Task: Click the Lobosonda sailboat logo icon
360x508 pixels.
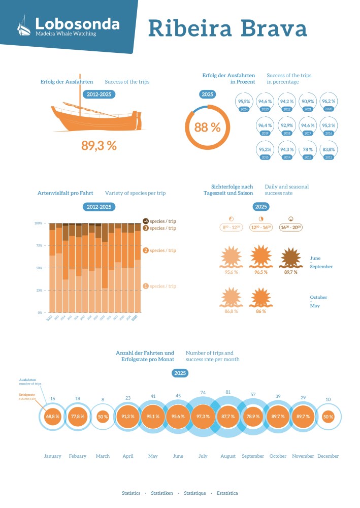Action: click(23, 26)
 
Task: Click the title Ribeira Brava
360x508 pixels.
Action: click(227, 29)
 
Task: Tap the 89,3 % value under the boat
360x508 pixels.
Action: click(99, 145)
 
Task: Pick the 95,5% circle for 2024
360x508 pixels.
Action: click(245, 102)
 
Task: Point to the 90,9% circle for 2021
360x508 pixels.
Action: click(308, 102)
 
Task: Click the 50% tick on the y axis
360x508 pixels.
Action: click(39, 268)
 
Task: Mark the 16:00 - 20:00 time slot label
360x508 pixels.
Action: click(291, 228)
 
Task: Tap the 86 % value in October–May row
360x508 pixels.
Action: click(260, 311)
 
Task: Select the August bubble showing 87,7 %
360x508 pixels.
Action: click(228, 416)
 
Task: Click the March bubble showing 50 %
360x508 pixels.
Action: click(103, 416)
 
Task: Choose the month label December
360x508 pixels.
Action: click(328, 456)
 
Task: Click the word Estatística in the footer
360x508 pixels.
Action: click(227, 493)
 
